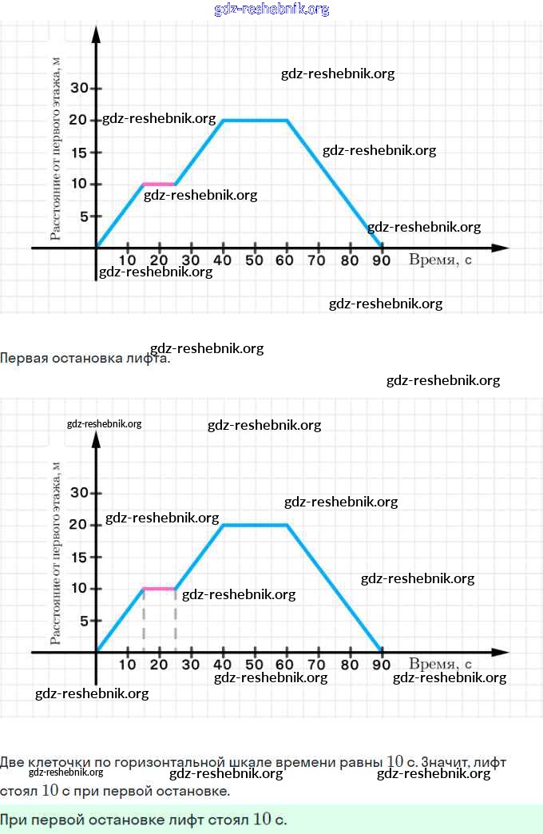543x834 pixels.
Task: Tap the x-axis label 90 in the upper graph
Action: pyautogui.click(x=381, y=260)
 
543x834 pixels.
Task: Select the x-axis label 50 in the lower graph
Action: pyautogui.click(x=254, y=665)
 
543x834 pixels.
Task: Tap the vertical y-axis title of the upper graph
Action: pyautogui.click(x=55, y=148)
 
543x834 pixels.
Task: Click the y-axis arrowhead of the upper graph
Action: pyautogui.click(x=96, y=35)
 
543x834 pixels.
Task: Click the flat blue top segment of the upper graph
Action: pyautogui.click(x=255, y=120)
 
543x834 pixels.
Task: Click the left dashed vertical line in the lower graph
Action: pyautogui.click(x=144, y=621)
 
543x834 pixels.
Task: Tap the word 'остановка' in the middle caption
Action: pyautogui.click(x=87, y=358)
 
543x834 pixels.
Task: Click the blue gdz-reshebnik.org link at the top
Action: pyautogui.click(x=271, y=10)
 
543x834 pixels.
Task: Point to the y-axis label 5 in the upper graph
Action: pyautogui.click(x=83, y=216)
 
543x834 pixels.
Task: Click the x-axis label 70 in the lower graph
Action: pyautogui.click(x=317, y=665)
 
